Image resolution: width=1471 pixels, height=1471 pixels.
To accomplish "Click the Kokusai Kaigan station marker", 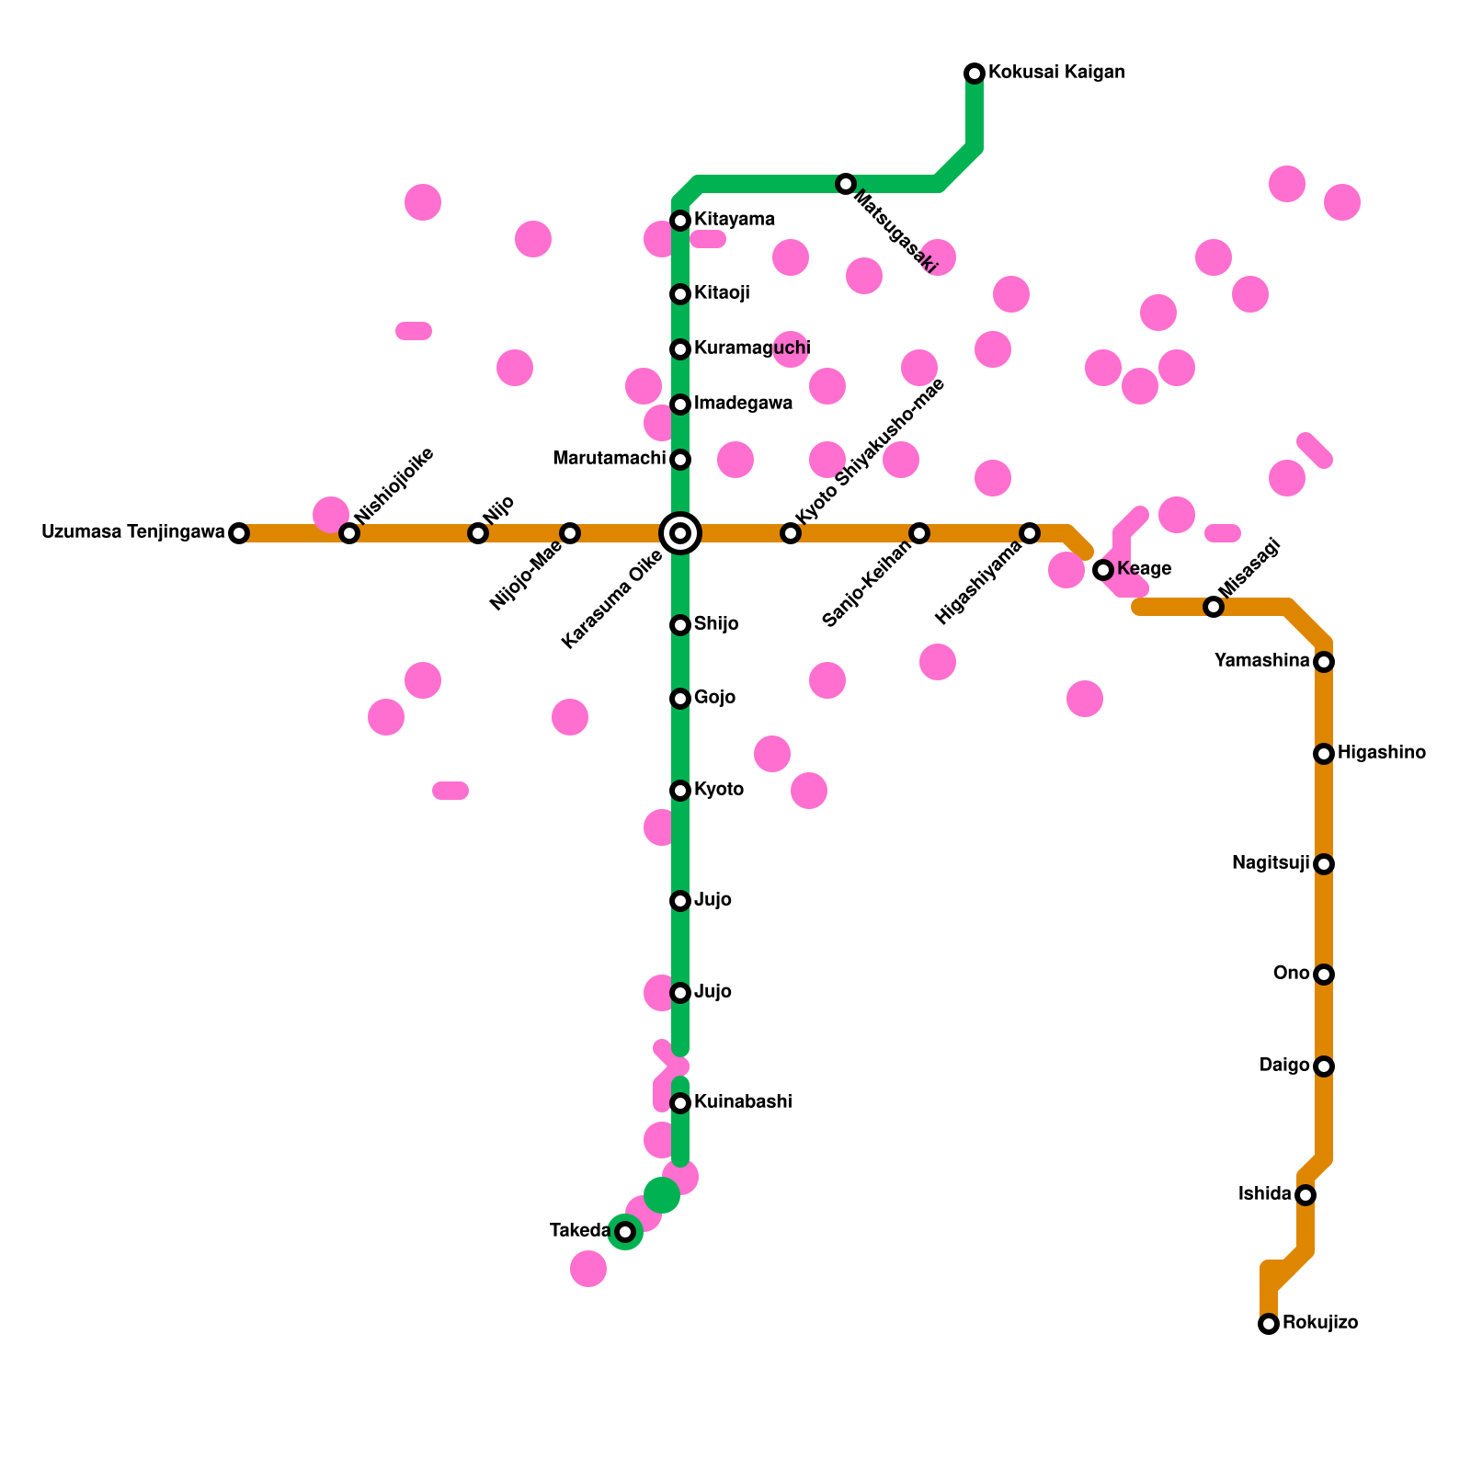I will tap(975, 74).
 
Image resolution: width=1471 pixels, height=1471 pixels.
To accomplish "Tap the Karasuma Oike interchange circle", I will tap(680, 533).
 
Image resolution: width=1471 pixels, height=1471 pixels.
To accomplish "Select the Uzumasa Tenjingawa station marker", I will tap(239, 533).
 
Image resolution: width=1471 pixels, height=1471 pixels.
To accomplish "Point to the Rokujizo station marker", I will tap(1269, 1324).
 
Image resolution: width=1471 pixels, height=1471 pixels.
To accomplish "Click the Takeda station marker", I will tap(625, 1232).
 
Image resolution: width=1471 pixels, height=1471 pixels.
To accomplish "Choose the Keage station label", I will tap(1144, 569).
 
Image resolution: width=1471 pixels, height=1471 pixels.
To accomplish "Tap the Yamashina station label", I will tap(1261, 661).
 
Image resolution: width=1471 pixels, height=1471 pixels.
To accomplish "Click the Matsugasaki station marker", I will tap(846, 184).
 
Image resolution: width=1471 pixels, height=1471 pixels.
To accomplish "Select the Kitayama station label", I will tap(735, 220).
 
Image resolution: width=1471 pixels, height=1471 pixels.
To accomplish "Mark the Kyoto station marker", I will tap(680, 791).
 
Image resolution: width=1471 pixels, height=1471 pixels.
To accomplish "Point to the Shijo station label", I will tap(716, 624).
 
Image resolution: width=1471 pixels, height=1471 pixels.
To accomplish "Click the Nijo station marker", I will tap(478, 533).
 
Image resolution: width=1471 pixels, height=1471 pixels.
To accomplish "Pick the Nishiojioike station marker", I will tap(349, 533).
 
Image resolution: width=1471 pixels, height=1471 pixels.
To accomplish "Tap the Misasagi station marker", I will tap(1214, 607).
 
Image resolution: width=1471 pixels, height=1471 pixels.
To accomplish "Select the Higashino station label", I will tap(1382, 753).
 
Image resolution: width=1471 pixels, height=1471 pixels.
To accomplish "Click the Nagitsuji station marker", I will tap(1324, 864).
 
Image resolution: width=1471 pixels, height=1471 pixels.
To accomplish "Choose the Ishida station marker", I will tap(1306, 1195).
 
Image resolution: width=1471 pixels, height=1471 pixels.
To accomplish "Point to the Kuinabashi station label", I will tap(743, 1102).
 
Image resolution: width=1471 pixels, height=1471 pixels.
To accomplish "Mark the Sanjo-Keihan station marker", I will tap(919, 533).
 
